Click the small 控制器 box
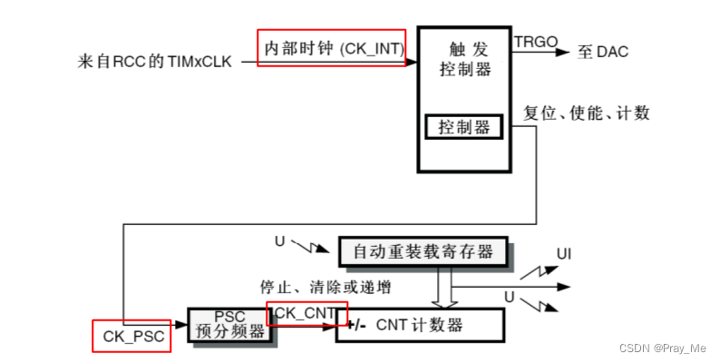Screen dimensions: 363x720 click(x=463, y=127)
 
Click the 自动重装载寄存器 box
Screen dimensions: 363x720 click(x=423, y=250)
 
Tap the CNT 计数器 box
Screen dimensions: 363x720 click(x=419, y=324)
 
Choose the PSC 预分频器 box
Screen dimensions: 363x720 click(x=229, y=324)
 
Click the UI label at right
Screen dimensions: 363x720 click(x=564, y=253)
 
